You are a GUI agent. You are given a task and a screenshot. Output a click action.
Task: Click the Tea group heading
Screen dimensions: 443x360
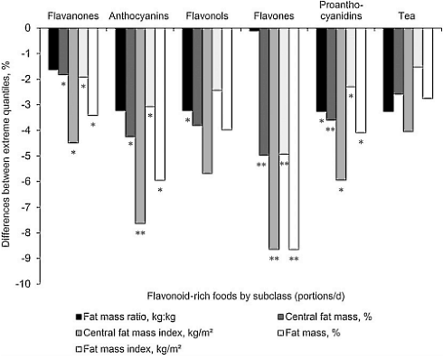tap(407, 16)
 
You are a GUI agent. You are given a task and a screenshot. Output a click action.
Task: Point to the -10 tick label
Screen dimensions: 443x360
tap(30, 284)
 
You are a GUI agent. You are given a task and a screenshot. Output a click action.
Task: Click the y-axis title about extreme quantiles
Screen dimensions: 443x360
tap(8, 156)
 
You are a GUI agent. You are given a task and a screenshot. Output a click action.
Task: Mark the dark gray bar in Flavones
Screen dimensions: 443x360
tap(263, 91)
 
